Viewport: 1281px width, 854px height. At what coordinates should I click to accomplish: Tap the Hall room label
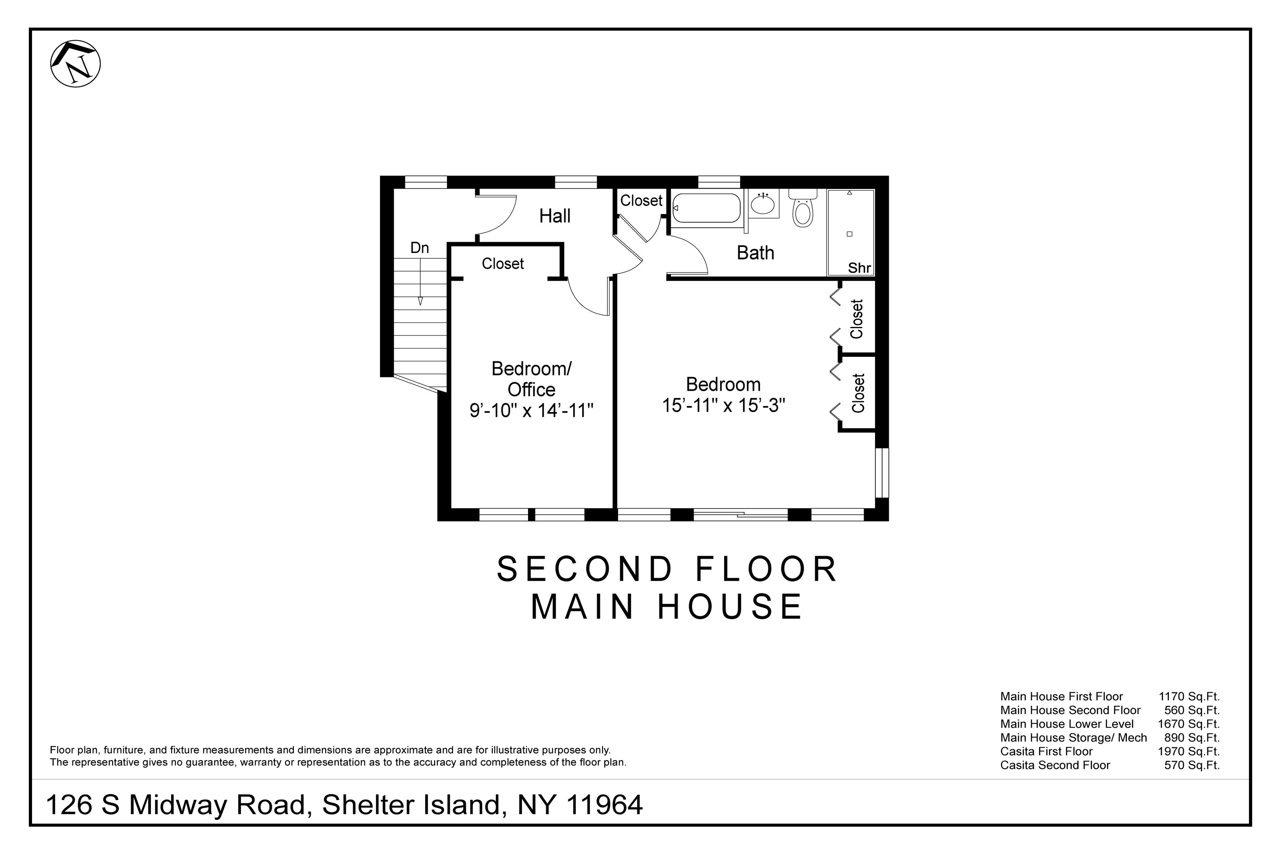tap(554, 216)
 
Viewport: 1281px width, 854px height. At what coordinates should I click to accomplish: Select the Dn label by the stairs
tap(420, 248)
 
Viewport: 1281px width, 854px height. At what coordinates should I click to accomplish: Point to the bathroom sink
tap(763, 205)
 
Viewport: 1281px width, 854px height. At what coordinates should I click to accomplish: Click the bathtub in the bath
tap(706, 208)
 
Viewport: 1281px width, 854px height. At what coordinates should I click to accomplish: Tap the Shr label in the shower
tap(859, 268)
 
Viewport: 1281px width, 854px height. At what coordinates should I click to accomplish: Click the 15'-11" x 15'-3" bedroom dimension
tap(723, 406)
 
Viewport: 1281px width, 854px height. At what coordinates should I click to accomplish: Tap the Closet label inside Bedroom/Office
tap(502, 264)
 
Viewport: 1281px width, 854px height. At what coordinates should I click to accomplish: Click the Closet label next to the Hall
tap(641, 201)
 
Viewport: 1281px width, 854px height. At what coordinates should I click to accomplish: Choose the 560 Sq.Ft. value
tap(1192, 710)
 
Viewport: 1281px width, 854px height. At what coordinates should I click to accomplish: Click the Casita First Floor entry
tap(1046, 752)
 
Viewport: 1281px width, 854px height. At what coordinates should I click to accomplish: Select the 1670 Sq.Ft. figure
tap(1188, 724)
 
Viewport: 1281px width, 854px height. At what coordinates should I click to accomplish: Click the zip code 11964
tap(605, 805)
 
